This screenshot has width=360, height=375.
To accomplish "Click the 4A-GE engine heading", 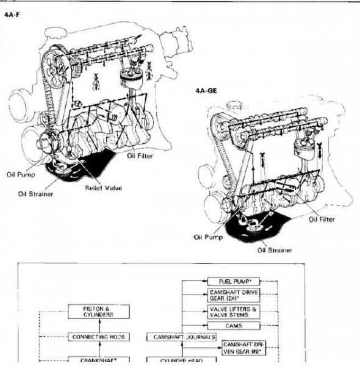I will point(206,90).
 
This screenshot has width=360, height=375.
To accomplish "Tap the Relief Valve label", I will point(103,188).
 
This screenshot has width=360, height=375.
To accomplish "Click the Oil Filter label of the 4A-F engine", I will point(140,155).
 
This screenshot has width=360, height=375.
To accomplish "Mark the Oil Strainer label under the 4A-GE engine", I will point(274,250).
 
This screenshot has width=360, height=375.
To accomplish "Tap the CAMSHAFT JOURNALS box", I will point(181,337).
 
